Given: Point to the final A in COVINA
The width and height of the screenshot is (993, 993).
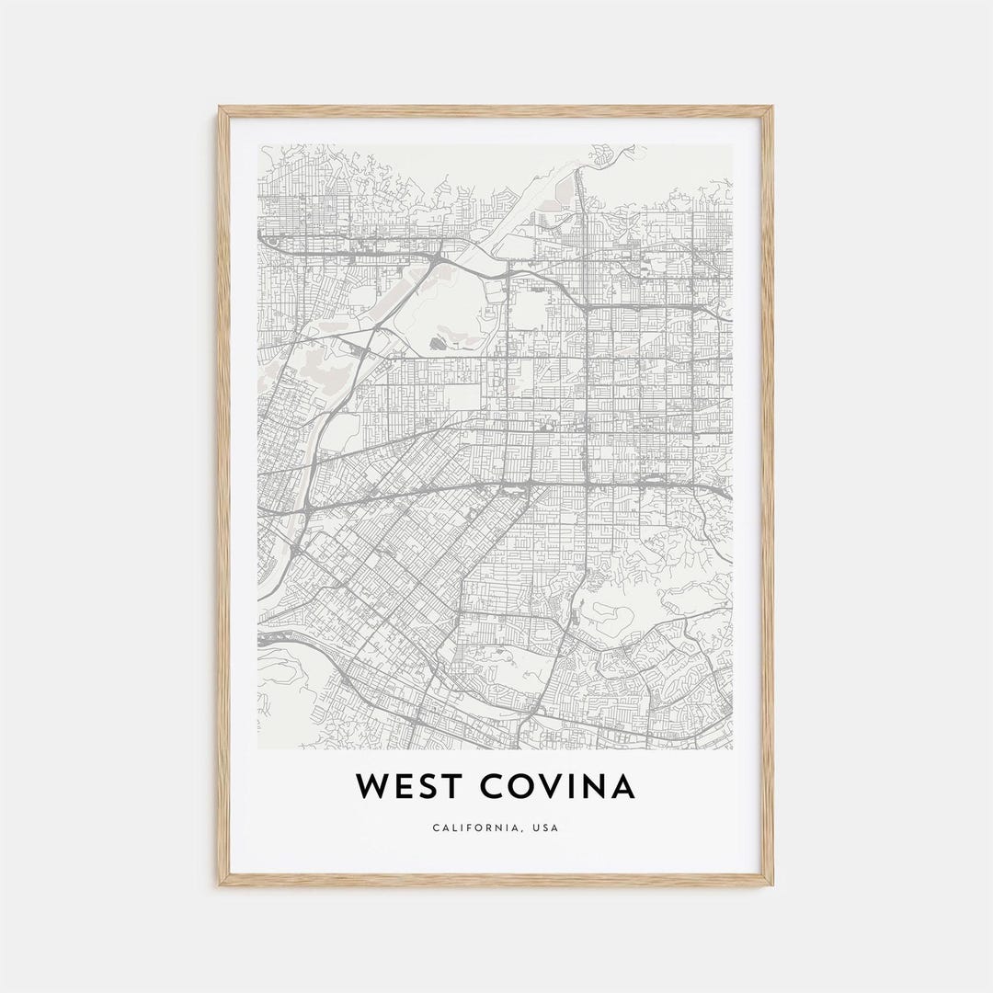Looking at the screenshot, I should coord(622,787).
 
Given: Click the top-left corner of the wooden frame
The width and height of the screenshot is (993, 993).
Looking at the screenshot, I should coord(220,108).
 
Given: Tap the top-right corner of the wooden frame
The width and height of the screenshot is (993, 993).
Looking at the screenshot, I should coord(772,108).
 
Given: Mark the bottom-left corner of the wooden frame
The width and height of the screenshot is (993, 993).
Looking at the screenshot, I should coord(220,885).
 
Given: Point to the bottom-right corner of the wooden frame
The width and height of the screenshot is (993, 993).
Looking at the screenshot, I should coord(772,885).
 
